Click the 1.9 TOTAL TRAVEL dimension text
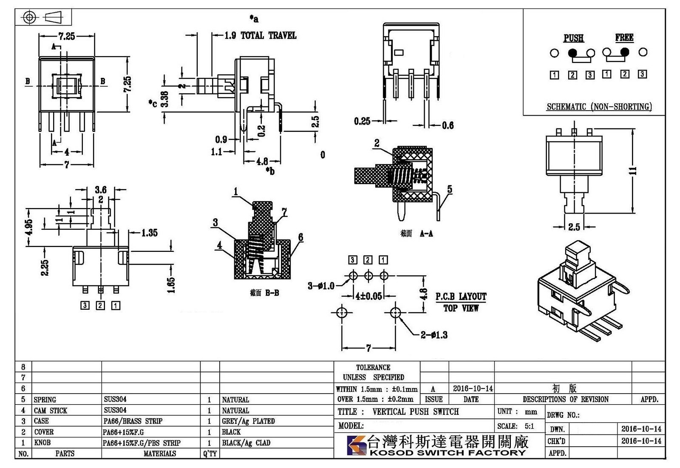pyautogui.click(x=261, y=36)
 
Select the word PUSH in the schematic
pyautogui.click(x=573, y=38)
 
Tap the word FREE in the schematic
pyautogui.click(x=624, y=37)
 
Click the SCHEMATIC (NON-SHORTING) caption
pyautogui.click(x=599, y=107)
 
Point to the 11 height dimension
pyautogui.click(x=632, y=171)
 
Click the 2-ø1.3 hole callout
pyautogui.click(x=434, y=335)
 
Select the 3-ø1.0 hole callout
pyautogui.click(x=321, y=285)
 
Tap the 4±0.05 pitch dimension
pyautogui.click(x=368, y=296)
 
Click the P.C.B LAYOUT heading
pyautogui.click(x=461, y=297)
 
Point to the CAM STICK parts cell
pyautogui.click(x=50, y=411)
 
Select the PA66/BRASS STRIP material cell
pyautogui.click(x=133, y=421)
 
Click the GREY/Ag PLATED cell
pyautogui.click(x=248, y=421)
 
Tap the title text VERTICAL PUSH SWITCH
pyautogui.click(x=416, y=412)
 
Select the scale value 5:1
pyautogui.click(x=529, y=426)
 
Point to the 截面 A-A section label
pyautogui.click(x=416, y=234)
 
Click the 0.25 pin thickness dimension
pyautogui.click(x=362, y=121)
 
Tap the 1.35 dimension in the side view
pyautogui.click(x=149, y=233)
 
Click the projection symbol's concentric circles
pyautogui.click(x=29, y=17)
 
